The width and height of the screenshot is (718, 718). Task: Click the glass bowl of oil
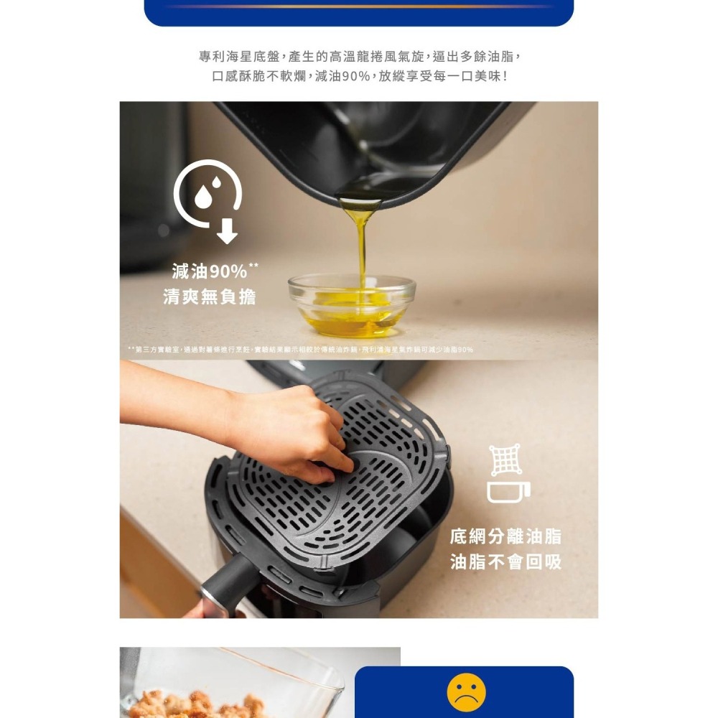352,305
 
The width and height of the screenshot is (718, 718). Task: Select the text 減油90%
210,272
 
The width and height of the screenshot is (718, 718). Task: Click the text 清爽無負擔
210,297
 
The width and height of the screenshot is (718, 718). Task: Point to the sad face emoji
466,693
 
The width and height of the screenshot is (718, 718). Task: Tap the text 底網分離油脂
506,536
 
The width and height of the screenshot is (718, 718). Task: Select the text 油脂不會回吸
506,561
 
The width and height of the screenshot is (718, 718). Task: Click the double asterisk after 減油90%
253,266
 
